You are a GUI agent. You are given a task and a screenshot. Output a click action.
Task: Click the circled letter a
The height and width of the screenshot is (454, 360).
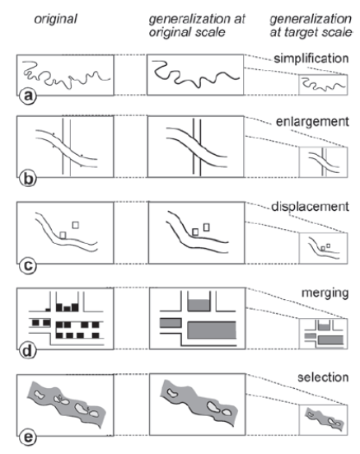tap(28, 96)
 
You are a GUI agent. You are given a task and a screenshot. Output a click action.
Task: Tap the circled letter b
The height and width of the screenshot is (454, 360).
tap(28, 179)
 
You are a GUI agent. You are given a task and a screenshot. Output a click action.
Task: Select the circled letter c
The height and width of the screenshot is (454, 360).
tap(28, 265)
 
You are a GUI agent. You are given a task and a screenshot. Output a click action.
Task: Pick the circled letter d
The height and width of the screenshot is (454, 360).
tap(28, 351)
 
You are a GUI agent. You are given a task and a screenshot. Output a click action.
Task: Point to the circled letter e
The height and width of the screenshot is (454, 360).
tap(28, 437)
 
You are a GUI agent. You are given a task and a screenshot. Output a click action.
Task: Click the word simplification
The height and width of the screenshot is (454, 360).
tap(311, 59)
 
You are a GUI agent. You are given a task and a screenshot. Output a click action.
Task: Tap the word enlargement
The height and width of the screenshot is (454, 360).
tap(312, 122)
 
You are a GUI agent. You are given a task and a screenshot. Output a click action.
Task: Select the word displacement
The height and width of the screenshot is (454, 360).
tap(310, 207)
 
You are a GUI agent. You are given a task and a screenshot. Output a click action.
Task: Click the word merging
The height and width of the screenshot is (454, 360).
tap(325, 293)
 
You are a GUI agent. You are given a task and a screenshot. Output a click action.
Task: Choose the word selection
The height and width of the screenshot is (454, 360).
tap(323, 377)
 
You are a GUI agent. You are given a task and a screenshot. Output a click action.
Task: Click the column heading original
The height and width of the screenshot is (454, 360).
tap(55, 20)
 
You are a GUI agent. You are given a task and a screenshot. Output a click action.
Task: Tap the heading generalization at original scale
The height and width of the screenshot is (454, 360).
tap(197, 26)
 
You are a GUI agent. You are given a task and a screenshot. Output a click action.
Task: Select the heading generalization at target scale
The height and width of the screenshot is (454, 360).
tap(311, 26)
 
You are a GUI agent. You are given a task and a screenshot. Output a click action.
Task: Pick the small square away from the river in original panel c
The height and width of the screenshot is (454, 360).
tap(76, 225)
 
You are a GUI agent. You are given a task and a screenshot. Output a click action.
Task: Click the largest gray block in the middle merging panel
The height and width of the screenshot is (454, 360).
tap(212, 330)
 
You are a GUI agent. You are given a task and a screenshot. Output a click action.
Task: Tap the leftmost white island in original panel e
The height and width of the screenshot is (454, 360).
tap(39, 395)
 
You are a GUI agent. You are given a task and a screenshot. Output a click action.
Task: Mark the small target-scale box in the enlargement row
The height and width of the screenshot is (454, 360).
tap(323, 162)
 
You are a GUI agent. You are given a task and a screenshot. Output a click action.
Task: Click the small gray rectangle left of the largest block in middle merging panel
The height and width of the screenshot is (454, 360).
tap(171, 323)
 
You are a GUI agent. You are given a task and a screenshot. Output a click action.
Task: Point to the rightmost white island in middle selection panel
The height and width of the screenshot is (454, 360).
tap(226, 412)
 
